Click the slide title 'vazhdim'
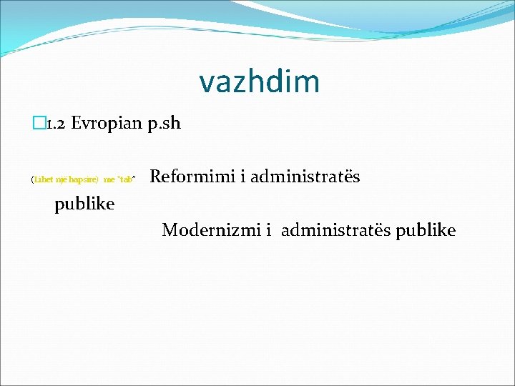[259, 81]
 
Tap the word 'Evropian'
[106, 124]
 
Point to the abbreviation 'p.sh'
[165, 124]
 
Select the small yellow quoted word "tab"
[126, 179]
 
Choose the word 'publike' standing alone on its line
[84, 204]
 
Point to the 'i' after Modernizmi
[268, 230]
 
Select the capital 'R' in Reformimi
[157, 176]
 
